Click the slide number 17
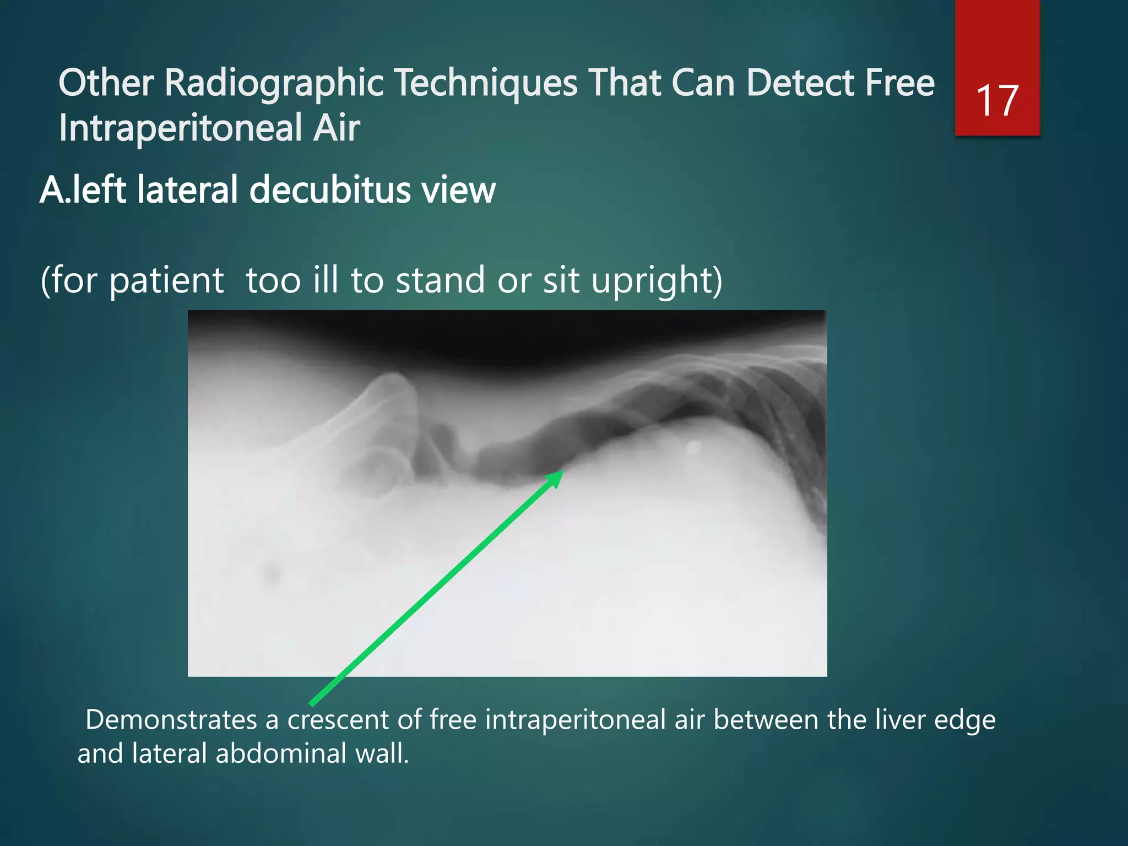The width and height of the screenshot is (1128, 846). pos(997,101)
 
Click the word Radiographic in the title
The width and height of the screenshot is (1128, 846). pos(274,84)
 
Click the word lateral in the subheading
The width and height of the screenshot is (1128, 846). pos(188,190)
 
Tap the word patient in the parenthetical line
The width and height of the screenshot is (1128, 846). pos(166,280)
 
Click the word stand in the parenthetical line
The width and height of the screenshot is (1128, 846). pos(441,280)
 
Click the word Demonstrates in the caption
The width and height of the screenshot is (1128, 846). pos(171,720)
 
